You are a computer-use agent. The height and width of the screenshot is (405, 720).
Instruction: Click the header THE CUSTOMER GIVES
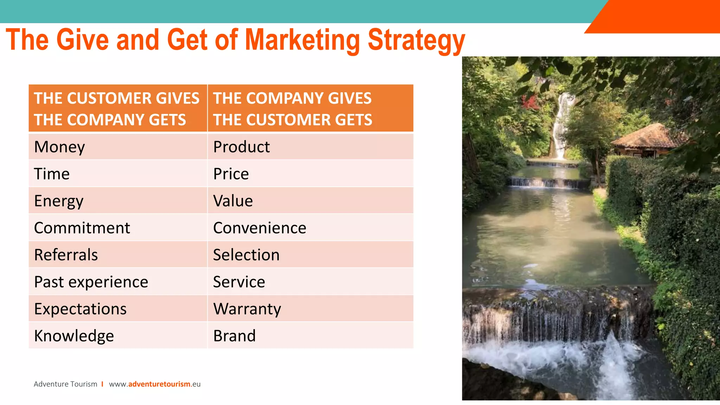(116, 98)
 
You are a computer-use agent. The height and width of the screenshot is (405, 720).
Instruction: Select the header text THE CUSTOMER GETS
(292, 120)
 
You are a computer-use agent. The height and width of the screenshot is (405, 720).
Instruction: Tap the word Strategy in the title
(416, 40)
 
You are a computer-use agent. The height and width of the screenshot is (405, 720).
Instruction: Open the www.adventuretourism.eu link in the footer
(155, 384)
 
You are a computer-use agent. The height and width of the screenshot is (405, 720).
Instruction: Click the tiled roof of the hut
(650, 136)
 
